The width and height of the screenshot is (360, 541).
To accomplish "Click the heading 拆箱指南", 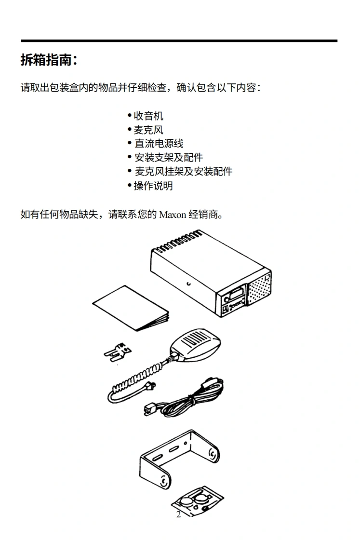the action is tap(48, 60).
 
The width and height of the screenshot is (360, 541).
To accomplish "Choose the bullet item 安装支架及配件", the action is tap(168, 158).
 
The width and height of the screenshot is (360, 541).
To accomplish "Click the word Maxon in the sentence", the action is tap(173, 215).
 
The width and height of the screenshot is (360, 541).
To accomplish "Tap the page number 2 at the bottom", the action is tap(178, 514).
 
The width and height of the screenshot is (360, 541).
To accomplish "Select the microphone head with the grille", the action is tap(195, 343).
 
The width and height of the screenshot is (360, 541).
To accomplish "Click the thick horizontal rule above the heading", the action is tap(179, 41).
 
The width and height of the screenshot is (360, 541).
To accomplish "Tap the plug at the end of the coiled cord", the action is tap(151, 386).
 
